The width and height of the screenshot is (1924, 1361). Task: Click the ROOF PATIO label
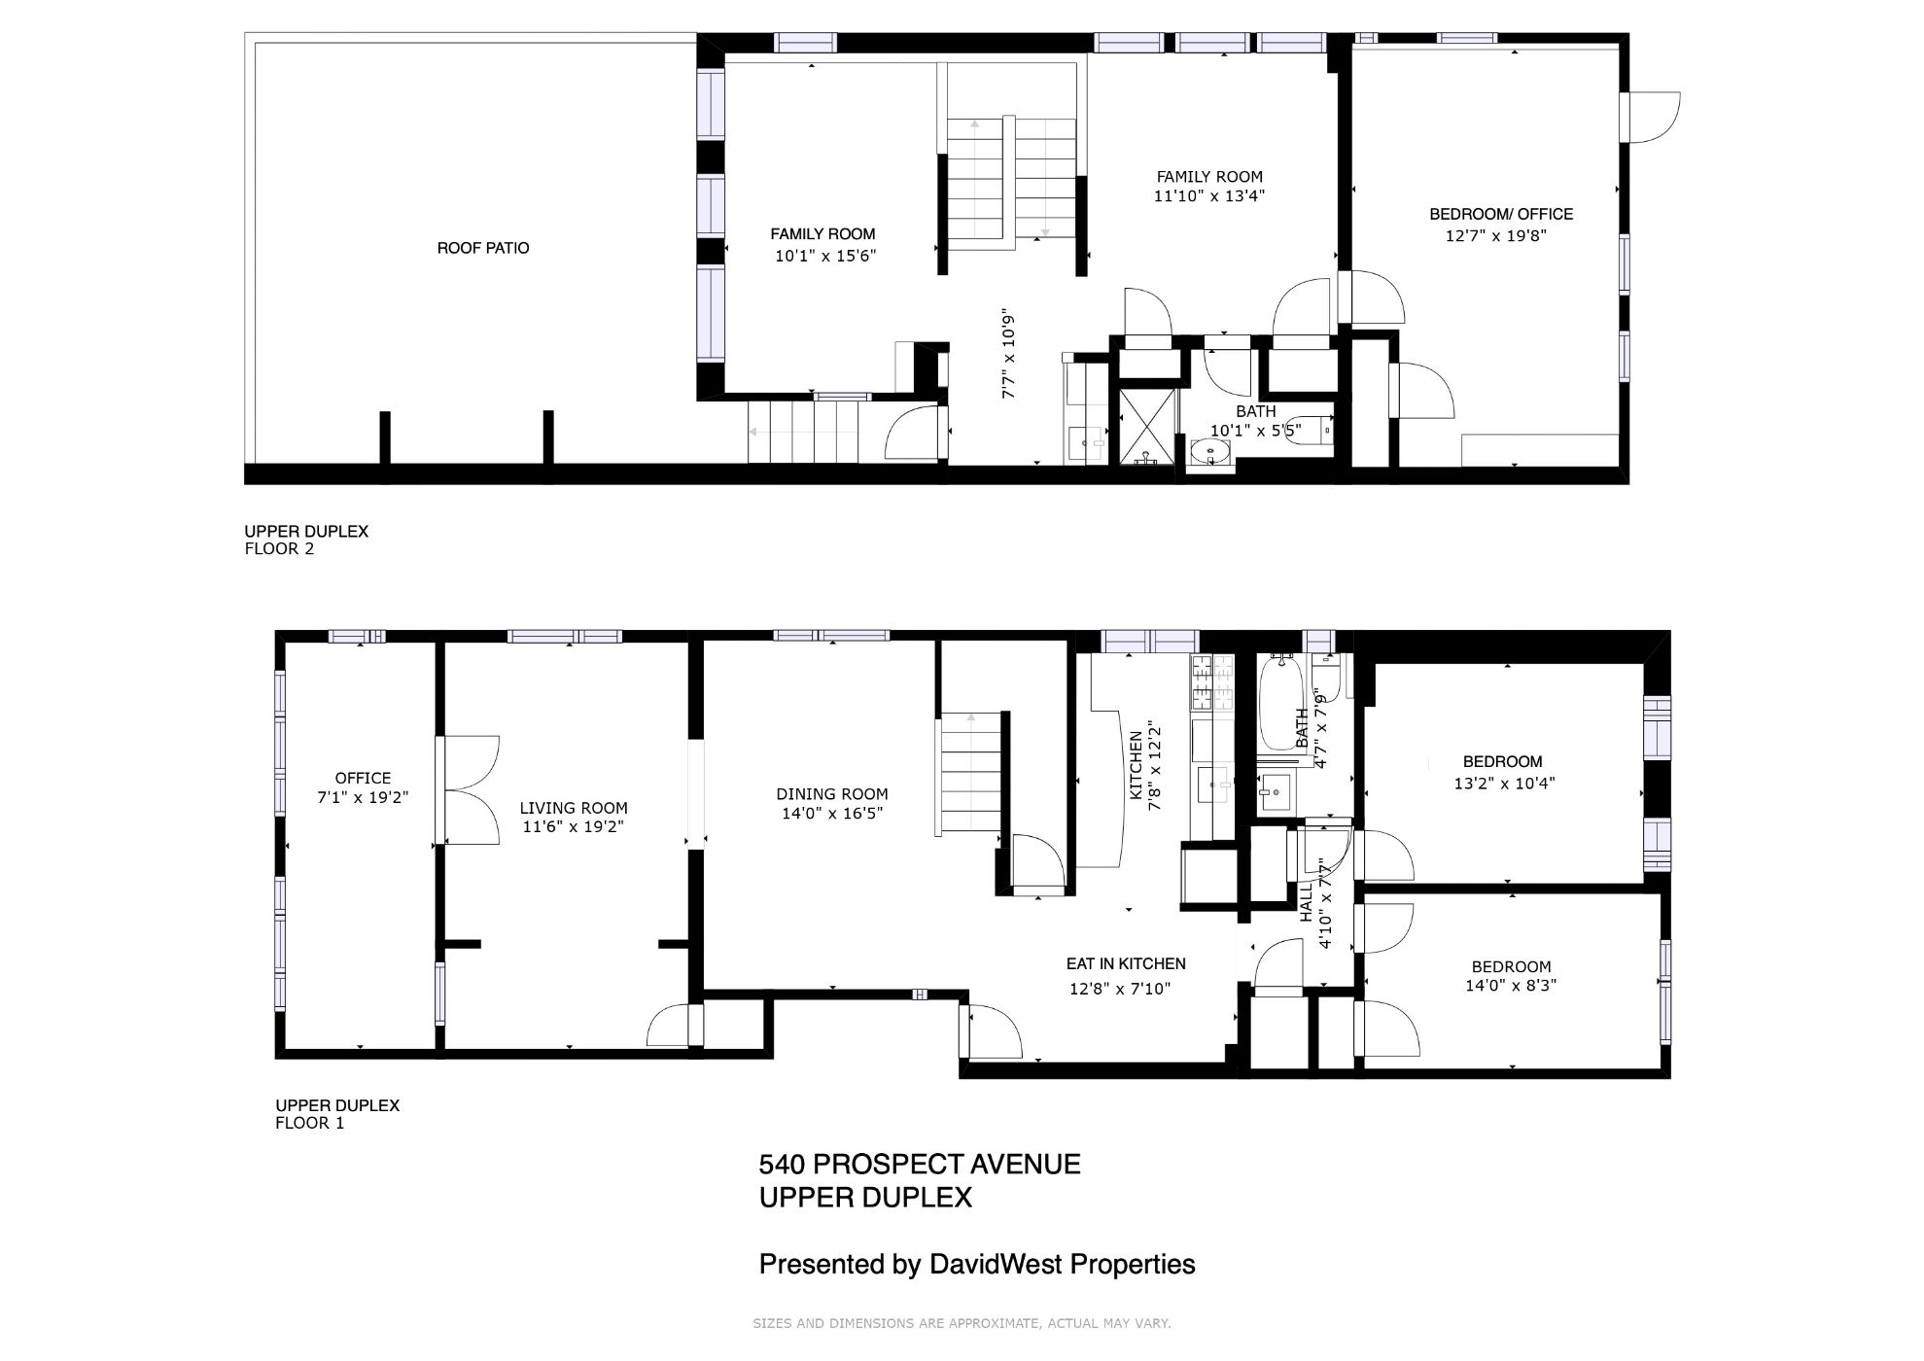tap(483, 248)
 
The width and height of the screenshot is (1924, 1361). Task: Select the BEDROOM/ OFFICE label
tap(1501, 214)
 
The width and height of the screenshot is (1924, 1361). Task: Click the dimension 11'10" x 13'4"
tap(1209, 195)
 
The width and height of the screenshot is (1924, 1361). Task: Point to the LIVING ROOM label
tap(574, 808)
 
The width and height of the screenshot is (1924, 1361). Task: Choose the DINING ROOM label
tap(832, 794)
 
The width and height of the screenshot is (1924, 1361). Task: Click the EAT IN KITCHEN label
tap(1126, 963)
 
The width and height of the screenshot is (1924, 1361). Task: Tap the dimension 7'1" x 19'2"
tap(363, 797)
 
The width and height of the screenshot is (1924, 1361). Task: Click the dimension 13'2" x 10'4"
tap(1504, 783)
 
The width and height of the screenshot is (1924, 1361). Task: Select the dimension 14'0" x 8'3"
tap(1511, 985)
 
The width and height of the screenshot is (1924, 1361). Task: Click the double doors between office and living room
tap(468, 790)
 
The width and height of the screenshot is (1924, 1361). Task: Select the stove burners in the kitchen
tap(1211, 682)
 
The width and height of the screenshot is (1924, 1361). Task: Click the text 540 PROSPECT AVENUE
tap(920, 1165)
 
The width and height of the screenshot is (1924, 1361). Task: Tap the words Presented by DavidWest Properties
tap(977, 1265)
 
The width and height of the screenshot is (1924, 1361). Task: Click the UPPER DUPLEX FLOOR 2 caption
tap(306, 540)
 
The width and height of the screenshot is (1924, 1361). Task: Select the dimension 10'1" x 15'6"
tap(825, 256)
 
